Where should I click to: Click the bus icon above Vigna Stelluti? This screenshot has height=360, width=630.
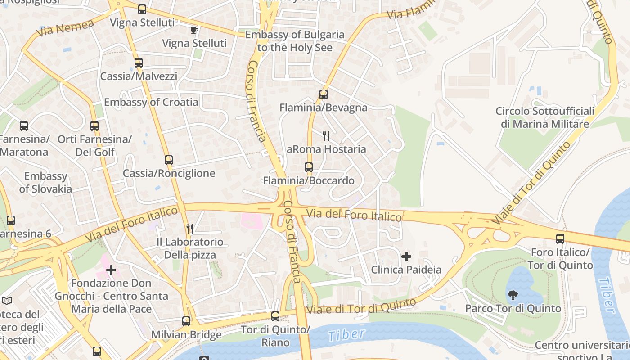(142, 9)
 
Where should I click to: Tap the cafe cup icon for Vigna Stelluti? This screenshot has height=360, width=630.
(194, 30)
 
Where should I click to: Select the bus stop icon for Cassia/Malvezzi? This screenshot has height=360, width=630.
(139, 63)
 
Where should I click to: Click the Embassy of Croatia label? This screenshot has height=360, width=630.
(151, 102)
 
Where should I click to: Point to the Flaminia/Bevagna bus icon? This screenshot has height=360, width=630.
(324, 94)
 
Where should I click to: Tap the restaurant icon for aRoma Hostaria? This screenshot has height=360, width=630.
(326, 135)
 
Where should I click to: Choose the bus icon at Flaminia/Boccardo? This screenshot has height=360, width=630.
(309, 167)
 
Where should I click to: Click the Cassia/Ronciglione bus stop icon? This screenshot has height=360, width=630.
(169, 160)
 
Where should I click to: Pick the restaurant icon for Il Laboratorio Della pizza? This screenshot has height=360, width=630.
(190, 229)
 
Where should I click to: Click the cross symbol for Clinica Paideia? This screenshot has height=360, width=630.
(406, 256)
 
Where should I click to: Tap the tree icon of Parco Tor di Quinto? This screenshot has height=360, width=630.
(513, 295)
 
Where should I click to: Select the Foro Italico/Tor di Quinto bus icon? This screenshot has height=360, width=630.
(560, 239)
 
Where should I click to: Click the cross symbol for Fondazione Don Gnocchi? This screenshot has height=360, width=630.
(111, 270)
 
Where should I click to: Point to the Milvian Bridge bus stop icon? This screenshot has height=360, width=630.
(186, 321)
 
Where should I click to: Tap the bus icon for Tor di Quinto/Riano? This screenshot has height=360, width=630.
(275, 316)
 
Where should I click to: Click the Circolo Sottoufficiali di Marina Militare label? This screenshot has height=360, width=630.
(544, 117)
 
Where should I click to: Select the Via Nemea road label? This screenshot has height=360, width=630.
(65, 28)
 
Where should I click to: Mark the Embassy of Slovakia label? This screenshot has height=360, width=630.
(45, 182)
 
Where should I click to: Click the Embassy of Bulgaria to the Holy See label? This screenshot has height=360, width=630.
(295, 41)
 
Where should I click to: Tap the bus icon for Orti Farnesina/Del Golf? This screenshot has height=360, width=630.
(94, 126)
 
